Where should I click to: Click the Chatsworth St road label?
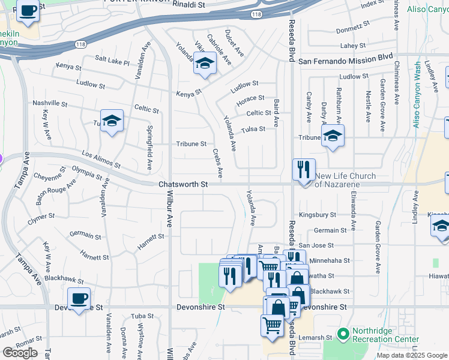[183, 185]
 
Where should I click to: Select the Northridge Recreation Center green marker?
[343, 334]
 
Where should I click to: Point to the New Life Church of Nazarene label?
[345, 180]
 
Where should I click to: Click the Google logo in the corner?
[20, 353]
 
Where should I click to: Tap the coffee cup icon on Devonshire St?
[79, 299]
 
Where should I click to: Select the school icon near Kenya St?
[205, 64]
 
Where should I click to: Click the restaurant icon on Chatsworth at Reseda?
[304, 170]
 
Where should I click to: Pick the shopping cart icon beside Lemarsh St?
[272, 326]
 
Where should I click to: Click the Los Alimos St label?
[101, 160]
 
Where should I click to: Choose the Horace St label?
[250, 98]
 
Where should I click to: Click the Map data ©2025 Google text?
[411, 355]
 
